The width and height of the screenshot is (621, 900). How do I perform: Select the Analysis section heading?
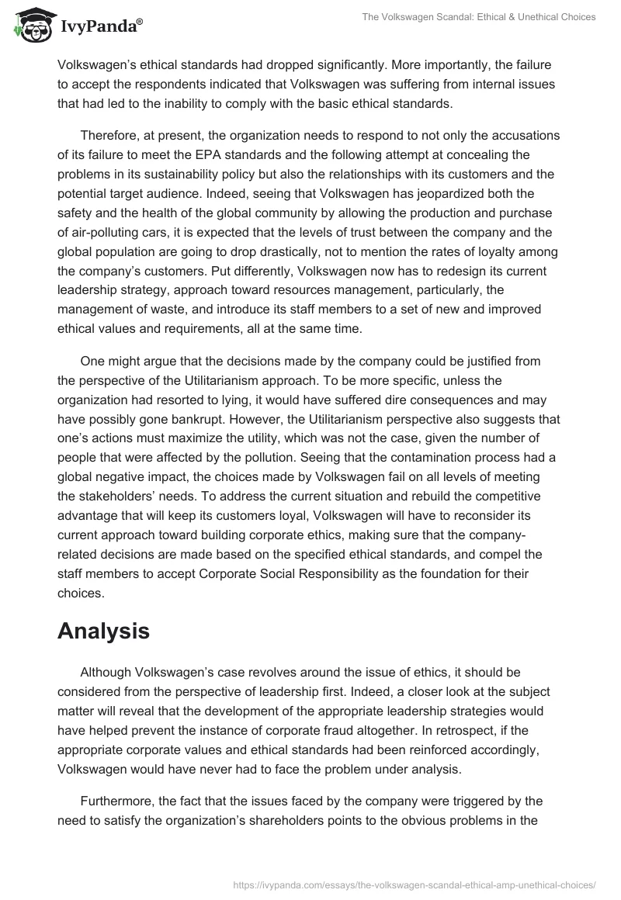(103, 631)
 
